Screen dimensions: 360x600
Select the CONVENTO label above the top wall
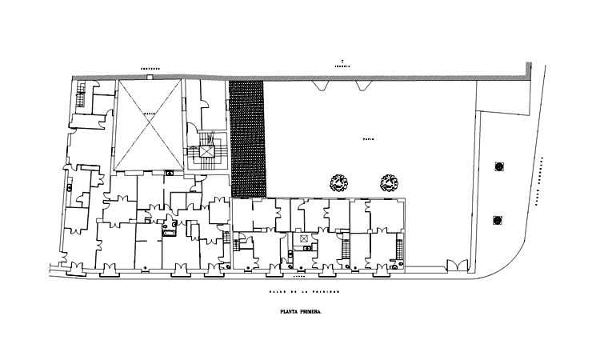coord(150,69)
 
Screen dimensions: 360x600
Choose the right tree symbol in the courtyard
coord(389,182)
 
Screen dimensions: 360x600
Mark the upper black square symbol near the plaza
coord(499,166)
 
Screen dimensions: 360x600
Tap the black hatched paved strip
coord(248,138)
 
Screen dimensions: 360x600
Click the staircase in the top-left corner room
coord(81,99)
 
